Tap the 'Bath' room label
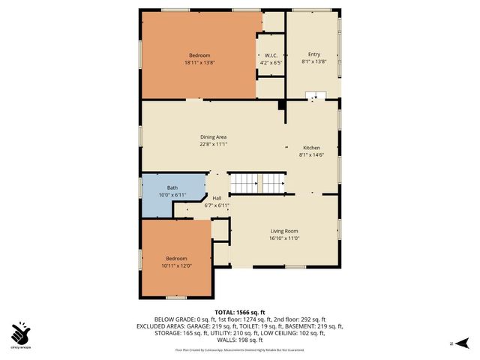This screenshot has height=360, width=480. (x=172, y=187)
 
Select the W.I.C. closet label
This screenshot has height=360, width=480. (x=271, y=55)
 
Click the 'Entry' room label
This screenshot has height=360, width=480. (x=313, y=55)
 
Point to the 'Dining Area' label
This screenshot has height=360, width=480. (x=213, y=137)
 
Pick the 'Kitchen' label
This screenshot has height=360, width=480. (x=311, y=148)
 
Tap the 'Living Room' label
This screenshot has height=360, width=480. (x=284, y=231)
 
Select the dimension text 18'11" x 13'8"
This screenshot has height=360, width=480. (x=199, y=62)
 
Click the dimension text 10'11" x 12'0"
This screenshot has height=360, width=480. (x=176, y=265)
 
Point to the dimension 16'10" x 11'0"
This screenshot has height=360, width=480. (x=284, y=238)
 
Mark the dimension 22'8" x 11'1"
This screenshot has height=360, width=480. (x=213, y=144)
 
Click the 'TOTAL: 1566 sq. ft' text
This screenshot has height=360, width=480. (x=240, y=311)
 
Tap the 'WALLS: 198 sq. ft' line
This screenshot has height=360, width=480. (x=240, y=340)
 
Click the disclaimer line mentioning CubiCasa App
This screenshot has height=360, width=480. (x=240, y=349)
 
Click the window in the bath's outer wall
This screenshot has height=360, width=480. (x=140, y=187)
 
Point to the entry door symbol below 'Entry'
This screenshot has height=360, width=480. (x=316, y=95)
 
